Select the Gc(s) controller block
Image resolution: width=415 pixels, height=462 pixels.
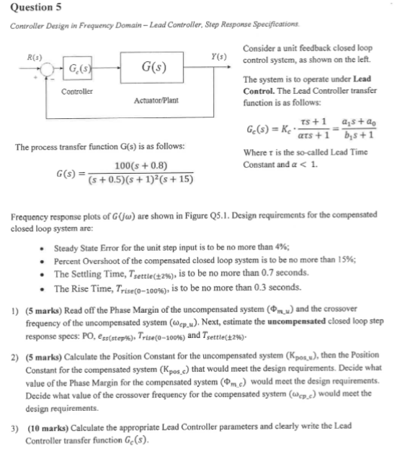(75, 69)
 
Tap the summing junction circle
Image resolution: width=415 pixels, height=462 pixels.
(45, 69)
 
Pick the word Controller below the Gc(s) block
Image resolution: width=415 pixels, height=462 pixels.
(76, 92)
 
